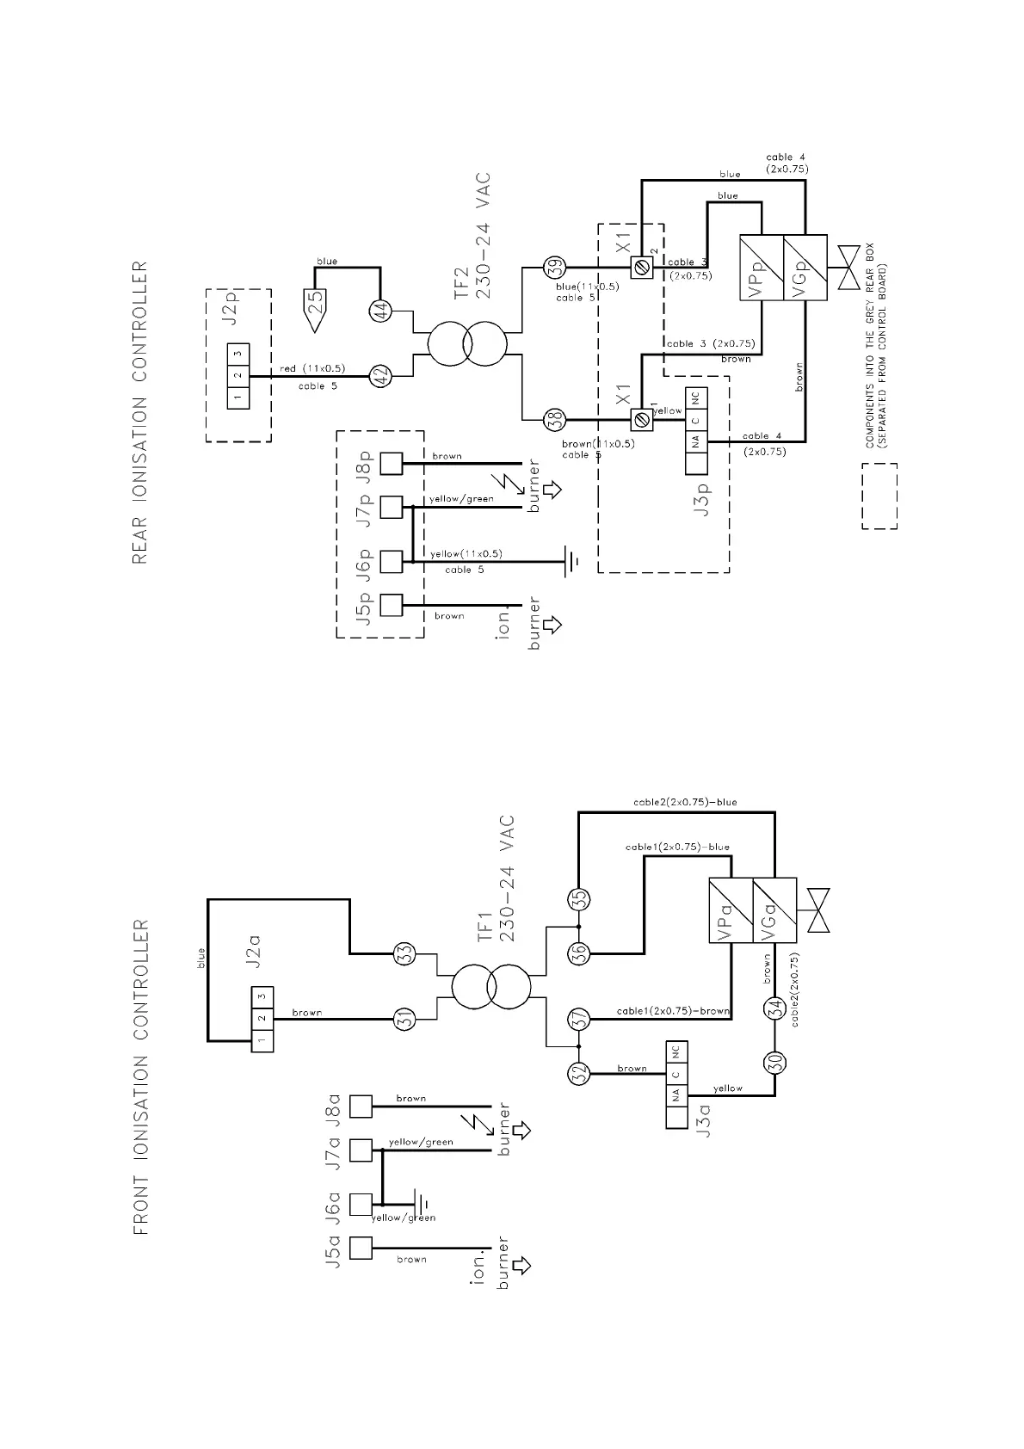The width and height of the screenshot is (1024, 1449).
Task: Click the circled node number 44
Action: (380, 311)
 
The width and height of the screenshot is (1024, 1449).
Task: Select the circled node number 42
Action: (380, 376)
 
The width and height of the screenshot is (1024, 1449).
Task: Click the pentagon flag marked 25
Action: (316, 311)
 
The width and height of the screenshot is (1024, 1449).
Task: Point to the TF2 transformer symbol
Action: (466, 343)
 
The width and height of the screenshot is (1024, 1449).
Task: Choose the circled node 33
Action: (404, 953)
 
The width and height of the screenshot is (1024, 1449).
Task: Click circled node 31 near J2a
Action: (404, 1019)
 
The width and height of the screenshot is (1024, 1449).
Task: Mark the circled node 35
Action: (579, 898)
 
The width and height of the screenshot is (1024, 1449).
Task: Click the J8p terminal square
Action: (392, 463)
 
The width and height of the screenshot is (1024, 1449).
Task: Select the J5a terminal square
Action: (361, 1248)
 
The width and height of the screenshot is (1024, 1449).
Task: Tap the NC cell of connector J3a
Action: (676, 1052)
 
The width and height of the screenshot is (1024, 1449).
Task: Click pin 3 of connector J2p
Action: (238, 354)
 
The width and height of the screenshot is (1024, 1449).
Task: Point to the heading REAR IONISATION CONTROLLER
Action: (140, 412)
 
